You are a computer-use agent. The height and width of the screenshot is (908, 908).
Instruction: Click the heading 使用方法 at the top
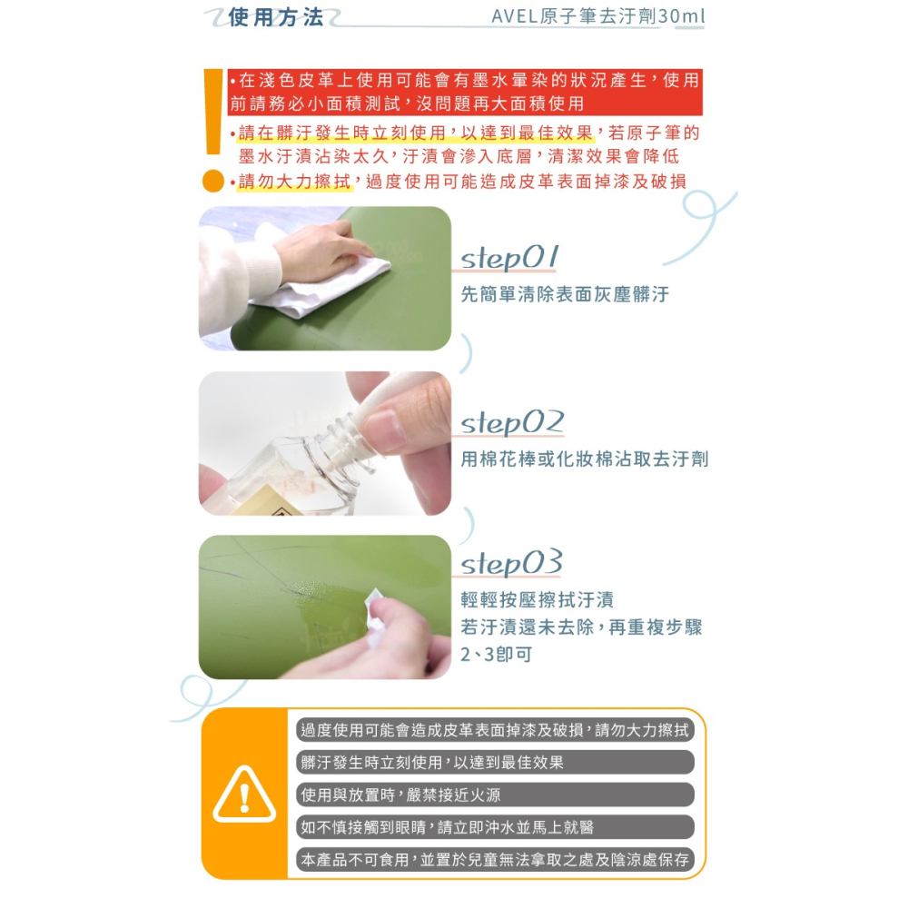(275, 17)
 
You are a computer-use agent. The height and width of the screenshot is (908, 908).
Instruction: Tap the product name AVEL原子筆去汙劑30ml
(597, 17)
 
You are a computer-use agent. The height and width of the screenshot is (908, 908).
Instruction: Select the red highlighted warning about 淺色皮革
(464, 92)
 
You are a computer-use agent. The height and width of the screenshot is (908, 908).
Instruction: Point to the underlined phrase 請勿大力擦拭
(294, 182)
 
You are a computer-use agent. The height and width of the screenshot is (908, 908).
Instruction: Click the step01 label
(509, 258)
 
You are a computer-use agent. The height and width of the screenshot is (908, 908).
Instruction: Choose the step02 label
(512, 423)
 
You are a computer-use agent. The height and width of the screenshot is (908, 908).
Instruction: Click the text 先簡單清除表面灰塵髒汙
(564, 294)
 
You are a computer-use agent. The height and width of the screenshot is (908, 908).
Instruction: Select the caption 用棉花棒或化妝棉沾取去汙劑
(584, 459)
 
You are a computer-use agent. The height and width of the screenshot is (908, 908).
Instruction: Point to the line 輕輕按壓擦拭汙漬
(537, 600)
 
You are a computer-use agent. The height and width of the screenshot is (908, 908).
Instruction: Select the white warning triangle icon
(244, 794)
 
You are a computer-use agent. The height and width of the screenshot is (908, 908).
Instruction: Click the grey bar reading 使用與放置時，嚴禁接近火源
(496, 795)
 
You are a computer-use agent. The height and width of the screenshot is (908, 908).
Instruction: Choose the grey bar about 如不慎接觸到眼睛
(496, 827)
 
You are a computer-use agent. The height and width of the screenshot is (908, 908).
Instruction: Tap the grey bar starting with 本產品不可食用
(496, 860)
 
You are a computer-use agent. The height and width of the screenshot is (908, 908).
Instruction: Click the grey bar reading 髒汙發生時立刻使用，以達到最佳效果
(496, 763)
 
